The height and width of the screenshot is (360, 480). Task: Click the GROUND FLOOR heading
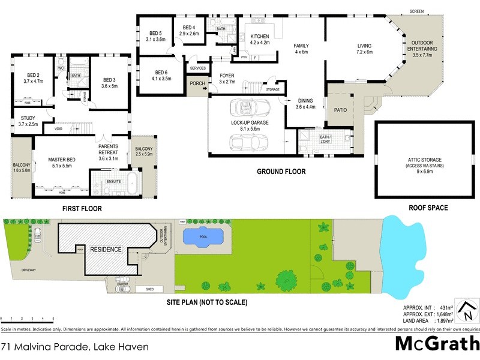click(281, 172)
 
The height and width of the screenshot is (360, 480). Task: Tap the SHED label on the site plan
click(142, 289)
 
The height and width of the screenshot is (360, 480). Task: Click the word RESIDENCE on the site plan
click(106, 249)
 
